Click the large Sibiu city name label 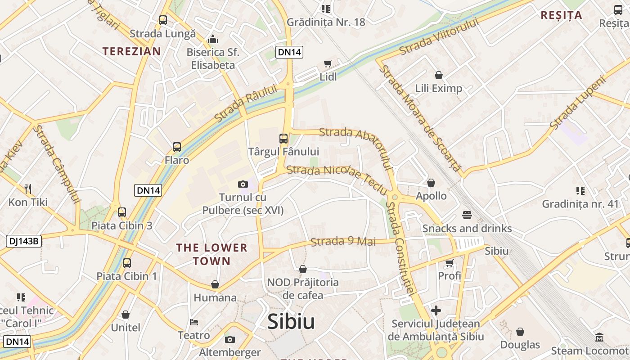click(x=291, y=321)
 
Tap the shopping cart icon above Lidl click(x=328, y=64)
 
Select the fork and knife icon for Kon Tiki click(x=28, y=189)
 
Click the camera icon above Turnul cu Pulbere click(x=243, y=184)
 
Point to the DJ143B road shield click(x=24, y=241)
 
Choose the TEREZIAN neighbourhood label click(x=131, y=51)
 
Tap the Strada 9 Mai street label click(x=343, y=242)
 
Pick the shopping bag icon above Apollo click(x=431, y=183)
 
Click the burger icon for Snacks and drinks click(x=467, y=215)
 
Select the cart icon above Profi click(x=449, y=262)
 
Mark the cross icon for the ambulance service click(x=436, y=310)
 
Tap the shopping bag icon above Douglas click(x=520, y=332)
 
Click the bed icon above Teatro click(x=194, y=322)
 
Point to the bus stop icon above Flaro click(x=177, y=147)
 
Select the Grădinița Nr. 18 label click(x=326, y=22)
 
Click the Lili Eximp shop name click(x=438, y=88)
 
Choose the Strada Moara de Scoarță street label click(x=420, y=118)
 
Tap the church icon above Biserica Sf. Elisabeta click(x=213, y=40)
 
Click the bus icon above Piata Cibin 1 click(x=127, y=263)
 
